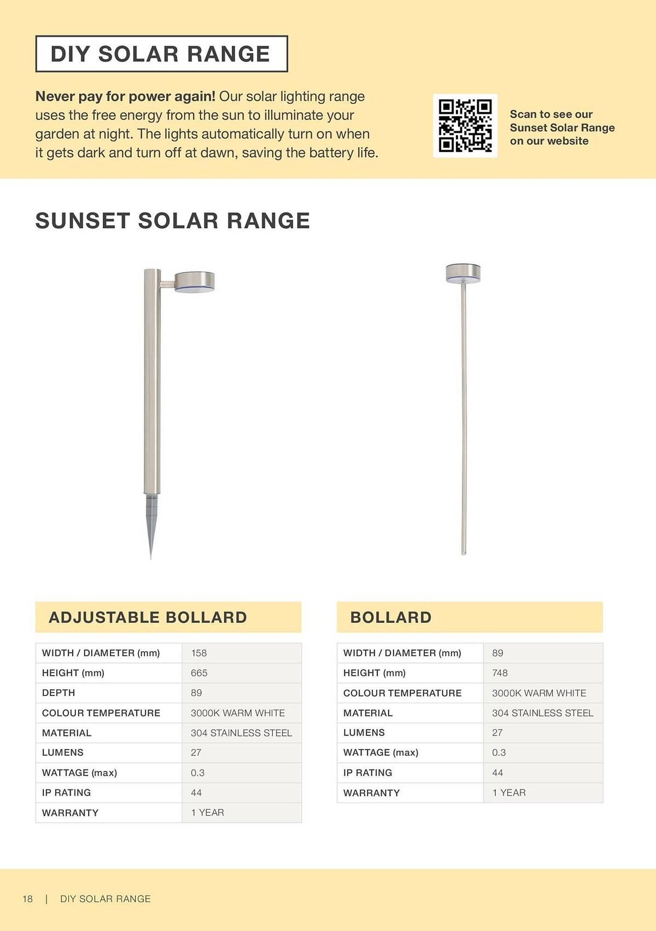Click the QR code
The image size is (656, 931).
point(465,126)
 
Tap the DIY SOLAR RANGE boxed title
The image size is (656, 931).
point(161,54)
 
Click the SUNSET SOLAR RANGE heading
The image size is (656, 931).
point(172,221)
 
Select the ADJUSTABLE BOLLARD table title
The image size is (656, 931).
point(148,617)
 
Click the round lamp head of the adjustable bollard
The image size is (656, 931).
point(195,282)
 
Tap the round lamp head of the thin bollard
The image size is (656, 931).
point(463,273)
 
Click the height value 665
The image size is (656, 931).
point(199,673)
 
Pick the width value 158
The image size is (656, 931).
point(198,653)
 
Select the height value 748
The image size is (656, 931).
point(500,673)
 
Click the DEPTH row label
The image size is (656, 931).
point(58,693)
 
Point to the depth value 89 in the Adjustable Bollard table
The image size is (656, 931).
point(196,693)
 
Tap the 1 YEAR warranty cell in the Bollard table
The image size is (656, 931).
point(508,792)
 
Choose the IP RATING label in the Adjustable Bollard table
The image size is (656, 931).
point(66,792)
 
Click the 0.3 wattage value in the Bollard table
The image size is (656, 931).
point(499,752)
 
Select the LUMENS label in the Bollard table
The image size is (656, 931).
point(364,732)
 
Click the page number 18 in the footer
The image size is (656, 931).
point(27,899)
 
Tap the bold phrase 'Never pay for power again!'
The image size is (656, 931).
point(125,96)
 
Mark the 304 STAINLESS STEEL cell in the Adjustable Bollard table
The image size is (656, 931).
point(241,733)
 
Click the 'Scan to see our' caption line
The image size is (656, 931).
point(551,114)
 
